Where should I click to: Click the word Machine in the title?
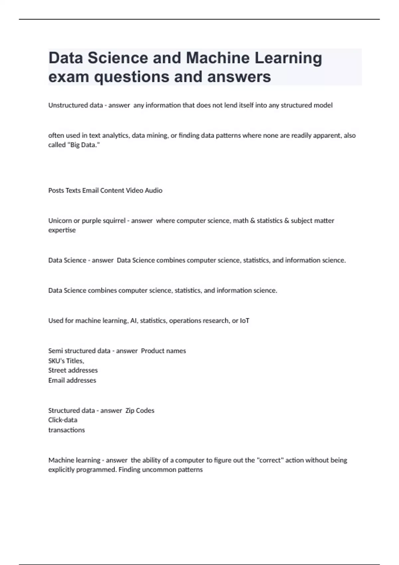pos(217,58)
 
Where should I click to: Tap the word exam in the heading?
pos(68,77)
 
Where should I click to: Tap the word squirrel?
pos(111,221)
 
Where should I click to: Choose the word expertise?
pos(62,230)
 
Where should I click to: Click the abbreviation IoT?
pos(244,321)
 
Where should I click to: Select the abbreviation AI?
pos(134,321)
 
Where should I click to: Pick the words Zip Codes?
pos(140,410)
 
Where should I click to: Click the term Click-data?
pos(63,420)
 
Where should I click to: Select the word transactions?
pos(66,430)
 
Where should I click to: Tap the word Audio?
pos(153,190)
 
